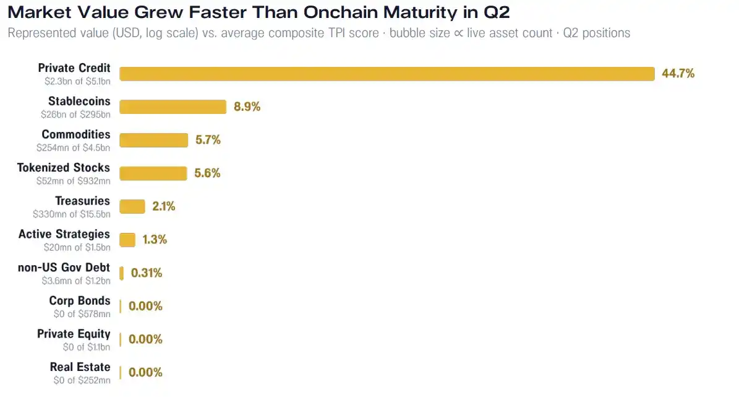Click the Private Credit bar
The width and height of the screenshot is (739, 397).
(x=387, y=74)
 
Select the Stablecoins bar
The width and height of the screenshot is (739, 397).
(x=173, y=107)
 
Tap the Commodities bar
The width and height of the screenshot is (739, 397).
(x=153, y=140)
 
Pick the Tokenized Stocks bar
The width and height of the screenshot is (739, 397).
(x=153, y=173)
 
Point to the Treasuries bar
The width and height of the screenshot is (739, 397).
(x=132, y=207)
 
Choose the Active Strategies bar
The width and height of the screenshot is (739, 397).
(x=127, y=240)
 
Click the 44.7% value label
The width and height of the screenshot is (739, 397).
(x=678, y=74)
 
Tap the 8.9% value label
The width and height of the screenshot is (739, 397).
(x=247, y=107)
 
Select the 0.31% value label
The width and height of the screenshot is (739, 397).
(x=146, y=273)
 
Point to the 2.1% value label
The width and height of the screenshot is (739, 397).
(x=163, y=206)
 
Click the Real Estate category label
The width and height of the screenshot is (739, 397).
(x=80, y=367)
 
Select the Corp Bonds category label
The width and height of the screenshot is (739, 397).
(x=80, y=301)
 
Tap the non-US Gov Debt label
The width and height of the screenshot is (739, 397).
(x=64, y=267)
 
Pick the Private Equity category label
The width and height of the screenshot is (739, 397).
(x=74, y=334)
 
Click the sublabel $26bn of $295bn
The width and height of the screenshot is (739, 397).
(x=75, y=114)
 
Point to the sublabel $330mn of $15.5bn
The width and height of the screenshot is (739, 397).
(x=72, y=214)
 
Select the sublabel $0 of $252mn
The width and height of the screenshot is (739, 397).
(x=82, y=380)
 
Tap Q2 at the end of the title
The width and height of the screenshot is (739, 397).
(x=497, y=13)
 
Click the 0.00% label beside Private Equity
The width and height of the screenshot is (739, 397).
(x=145, y=339)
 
